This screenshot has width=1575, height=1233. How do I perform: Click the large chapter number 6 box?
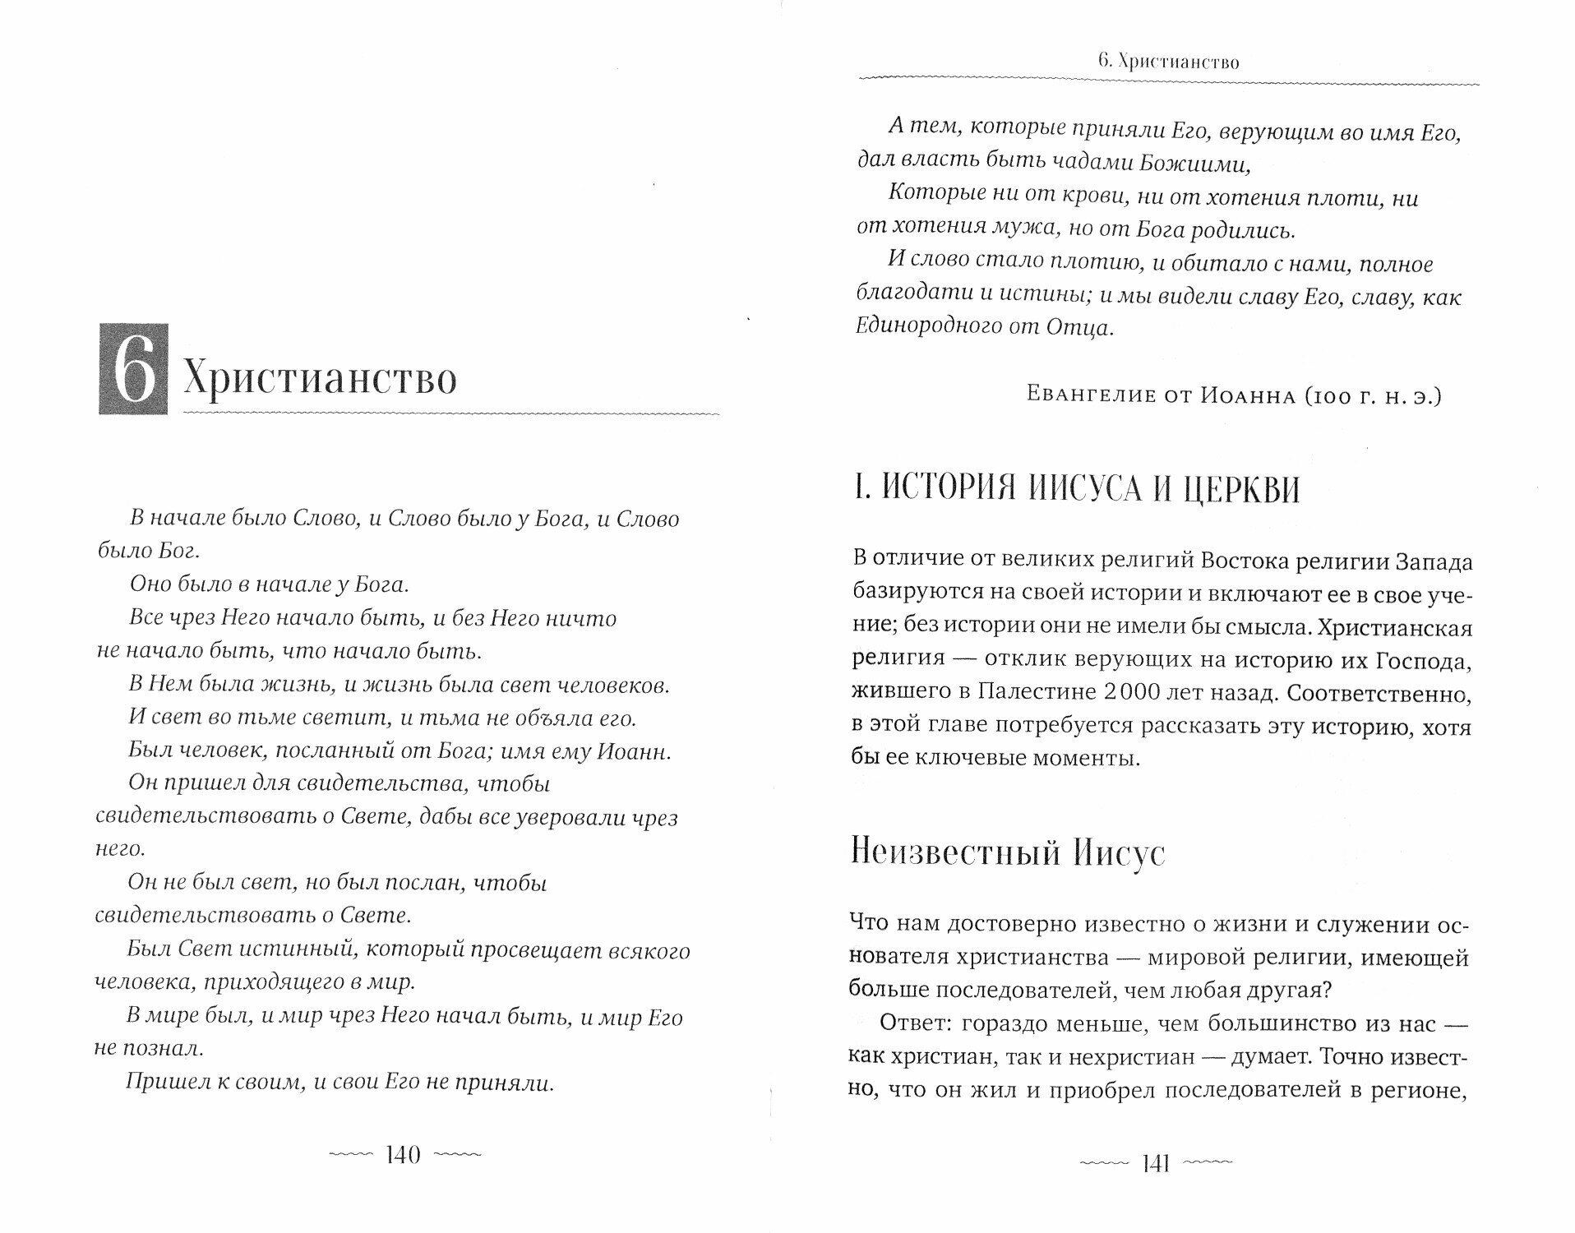click(133, 368)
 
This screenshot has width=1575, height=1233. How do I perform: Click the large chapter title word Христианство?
click(319, 378)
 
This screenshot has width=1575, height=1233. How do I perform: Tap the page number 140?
click(403, 1155)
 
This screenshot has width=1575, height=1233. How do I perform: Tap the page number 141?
click(1156, 1164)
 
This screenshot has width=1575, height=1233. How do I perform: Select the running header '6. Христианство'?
click(1167, 62)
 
